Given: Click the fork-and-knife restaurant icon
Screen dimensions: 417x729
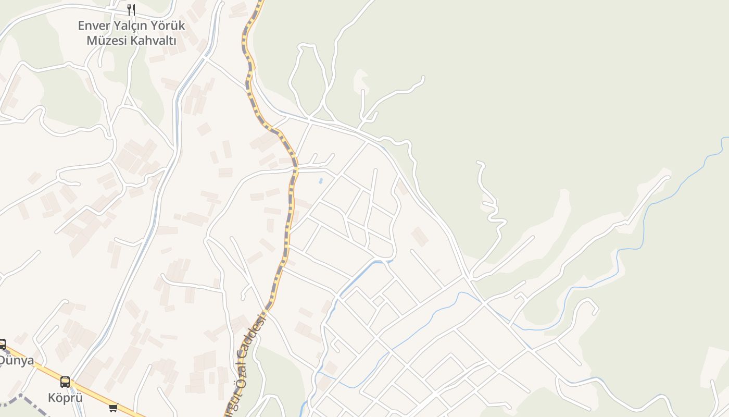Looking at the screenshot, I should pyautogui.click(x=131, y=9).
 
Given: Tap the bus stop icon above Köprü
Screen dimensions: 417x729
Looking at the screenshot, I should pyautogui.click(x=65, y=382).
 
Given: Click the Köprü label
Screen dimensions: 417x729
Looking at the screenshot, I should pyautogui.click(x=65, y=398).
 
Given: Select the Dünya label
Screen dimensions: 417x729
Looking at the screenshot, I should pyautogui.click(x=16, y=360).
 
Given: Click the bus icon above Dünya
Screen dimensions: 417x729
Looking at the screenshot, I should pyautogui.click(x=2, y=345).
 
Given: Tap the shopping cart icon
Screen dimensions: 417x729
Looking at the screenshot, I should pyautogui.click(x=113, y=408).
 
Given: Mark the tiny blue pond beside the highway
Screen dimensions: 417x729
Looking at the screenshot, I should pyautogui.click(x=320, y=181).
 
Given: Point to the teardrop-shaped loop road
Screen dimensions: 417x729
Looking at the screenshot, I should pyautogui.click(x=307, y=78).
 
